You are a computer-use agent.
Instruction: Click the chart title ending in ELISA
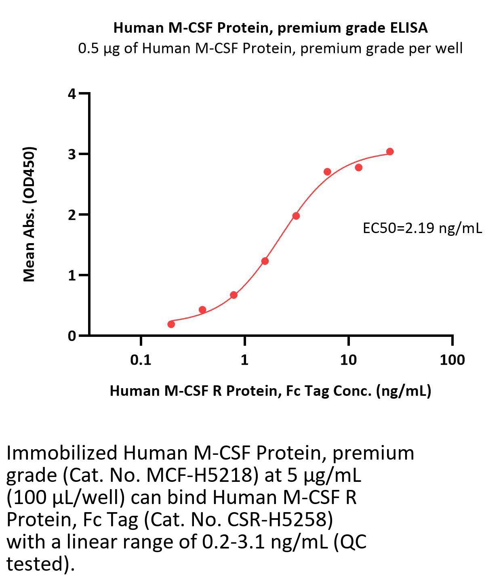pyautogui.click(x=270, y=27)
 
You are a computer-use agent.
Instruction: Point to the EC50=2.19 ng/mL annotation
pyautogui.click(x=422, y=228)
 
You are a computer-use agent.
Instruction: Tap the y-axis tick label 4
pyautogui.click(x=72, y=94)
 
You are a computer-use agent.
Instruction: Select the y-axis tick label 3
pyautogui.click(x=72, y=154)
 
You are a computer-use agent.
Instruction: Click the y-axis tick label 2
pyautogui.click(x=72, y=215)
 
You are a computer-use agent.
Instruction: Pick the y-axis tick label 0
pyautogui.click(x=72, y=336)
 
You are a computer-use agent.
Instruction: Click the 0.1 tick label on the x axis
pyautogui.click(x=141, y=359)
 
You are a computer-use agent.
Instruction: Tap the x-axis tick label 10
pyautogui.click(x=348, y=359)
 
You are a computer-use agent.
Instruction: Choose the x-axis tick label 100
pyautogui.click(x=452, y=359)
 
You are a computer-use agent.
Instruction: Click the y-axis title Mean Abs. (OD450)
pyautogui.click(x=29, y=214)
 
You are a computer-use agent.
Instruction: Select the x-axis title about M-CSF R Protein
pyautogui.click(x=270, y=391)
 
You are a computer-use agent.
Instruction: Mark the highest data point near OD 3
pyautogui.click(x=390, y=151)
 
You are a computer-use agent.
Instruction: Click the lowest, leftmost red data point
pyautogui.click(x=171, y=324)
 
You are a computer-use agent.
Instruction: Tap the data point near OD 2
pyautogui.click(x=296, y=216)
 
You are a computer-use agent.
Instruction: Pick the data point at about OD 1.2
pyautogui.click(x=265, y=261)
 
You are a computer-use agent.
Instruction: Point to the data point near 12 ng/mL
pyautogui.click(x=358, y=167)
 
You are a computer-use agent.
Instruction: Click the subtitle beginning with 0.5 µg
pyautogui.click(x=270, y=48)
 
